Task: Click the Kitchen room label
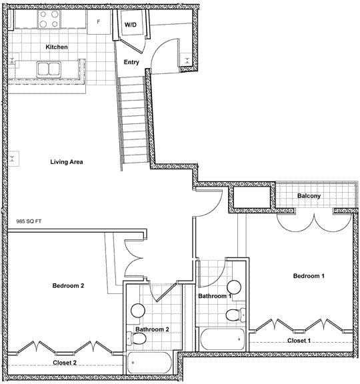click(57, 47)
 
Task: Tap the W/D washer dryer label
click(131, 25)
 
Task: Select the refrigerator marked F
click(99, 22)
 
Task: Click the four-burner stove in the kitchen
click(49, 19)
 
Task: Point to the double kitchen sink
click(49, 69)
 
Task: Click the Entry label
click(131, 62)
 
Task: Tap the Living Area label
click(67, 162)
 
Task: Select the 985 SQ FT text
click(29, 221)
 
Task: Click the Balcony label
click(309, 196)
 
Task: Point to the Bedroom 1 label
click(309, 276)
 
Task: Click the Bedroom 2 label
click(68, 285)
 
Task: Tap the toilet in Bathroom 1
click(236, 315)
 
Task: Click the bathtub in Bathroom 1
click(222, 339)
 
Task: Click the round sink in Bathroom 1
click(234, 287)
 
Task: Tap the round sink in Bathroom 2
click(138, 311)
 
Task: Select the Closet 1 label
click(299, 341)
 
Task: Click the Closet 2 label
click(65, 363)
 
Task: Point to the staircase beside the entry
click(134, 121)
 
